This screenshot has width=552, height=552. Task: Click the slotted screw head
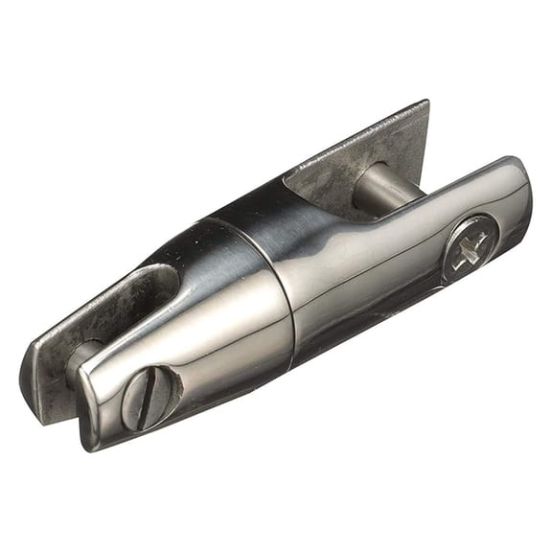click(x=151, y=396)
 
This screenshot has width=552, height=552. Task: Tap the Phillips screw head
click(x=470, y=248)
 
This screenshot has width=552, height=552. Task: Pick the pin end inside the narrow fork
click(x=84, y=356)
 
